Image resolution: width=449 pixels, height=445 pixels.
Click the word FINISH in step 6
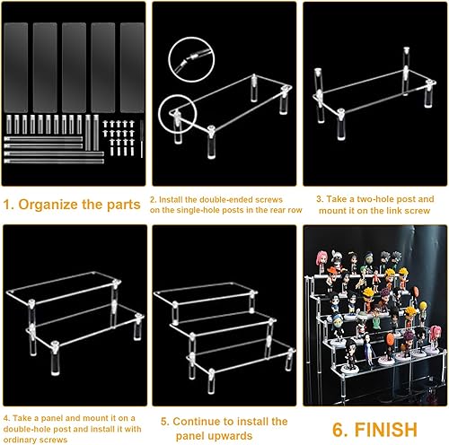click(x=386, y=430)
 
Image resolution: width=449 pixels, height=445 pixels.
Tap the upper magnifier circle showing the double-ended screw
click(x=191, y=59)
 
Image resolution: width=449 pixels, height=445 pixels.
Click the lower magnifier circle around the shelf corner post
click(x=178, y=114)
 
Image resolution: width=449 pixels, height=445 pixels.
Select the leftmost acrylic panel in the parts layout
click(x=16, y=67)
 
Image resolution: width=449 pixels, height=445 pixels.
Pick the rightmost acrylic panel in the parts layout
click(x=132, y=67)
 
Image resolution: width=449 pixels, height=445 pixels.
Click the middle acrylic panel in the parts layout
click(x=74, y=67)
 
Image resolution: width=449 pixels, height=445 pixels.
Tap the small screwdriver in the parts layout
click(x=142, y=139)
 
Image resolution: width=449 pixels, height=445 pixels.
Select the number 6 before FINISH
click(x=339, y=430)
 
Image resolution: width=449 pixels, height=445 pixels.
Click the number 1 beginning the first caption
click(x=7, y=205)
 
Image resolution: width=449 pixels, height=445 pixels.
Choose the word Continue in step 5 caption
click(x=198, y=422)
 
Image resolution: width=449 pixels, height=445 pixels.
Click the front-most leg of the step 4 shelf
click(x=55, y=358)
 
